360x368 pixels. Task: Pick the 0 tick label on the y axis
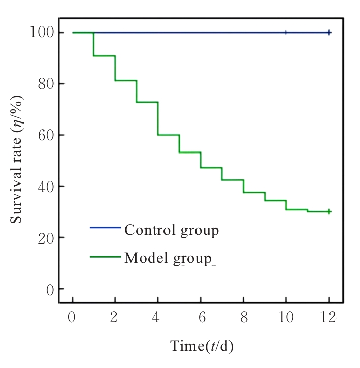[x=49, y=289]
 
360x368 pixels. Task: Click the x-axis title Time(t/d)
[x=202, y=347]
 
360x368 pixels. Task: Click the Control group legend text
[x=172, y=230]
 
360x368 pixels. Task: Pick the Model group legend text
[x=168, y=258]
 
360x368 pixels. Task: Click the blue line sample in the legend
[x=105, y=227]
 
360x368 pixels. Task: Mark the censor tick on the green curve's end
[x=329, y=211]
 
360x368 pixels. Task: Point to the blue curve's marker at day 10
[x=286, y=33]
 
